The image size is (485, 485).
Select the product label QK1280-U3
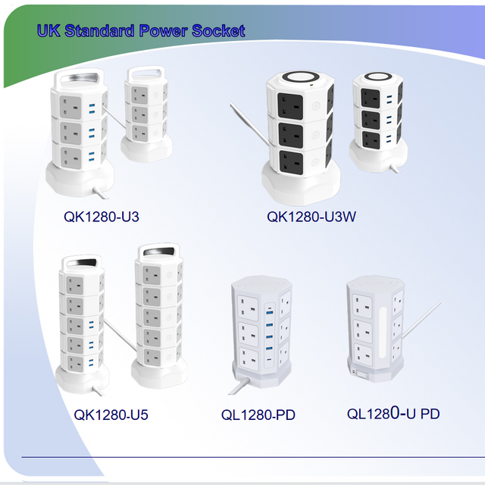(x=101, y=217)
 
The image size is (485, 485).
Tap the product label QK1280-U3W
(x=311, y=217)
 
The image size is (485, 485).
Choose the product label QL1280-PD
(x=258, y=415)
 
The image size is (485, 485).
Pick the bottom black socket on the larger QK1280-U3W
(x=292, y=163)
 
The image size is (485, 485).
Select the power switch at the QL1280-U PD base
(x=358, y=373)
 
